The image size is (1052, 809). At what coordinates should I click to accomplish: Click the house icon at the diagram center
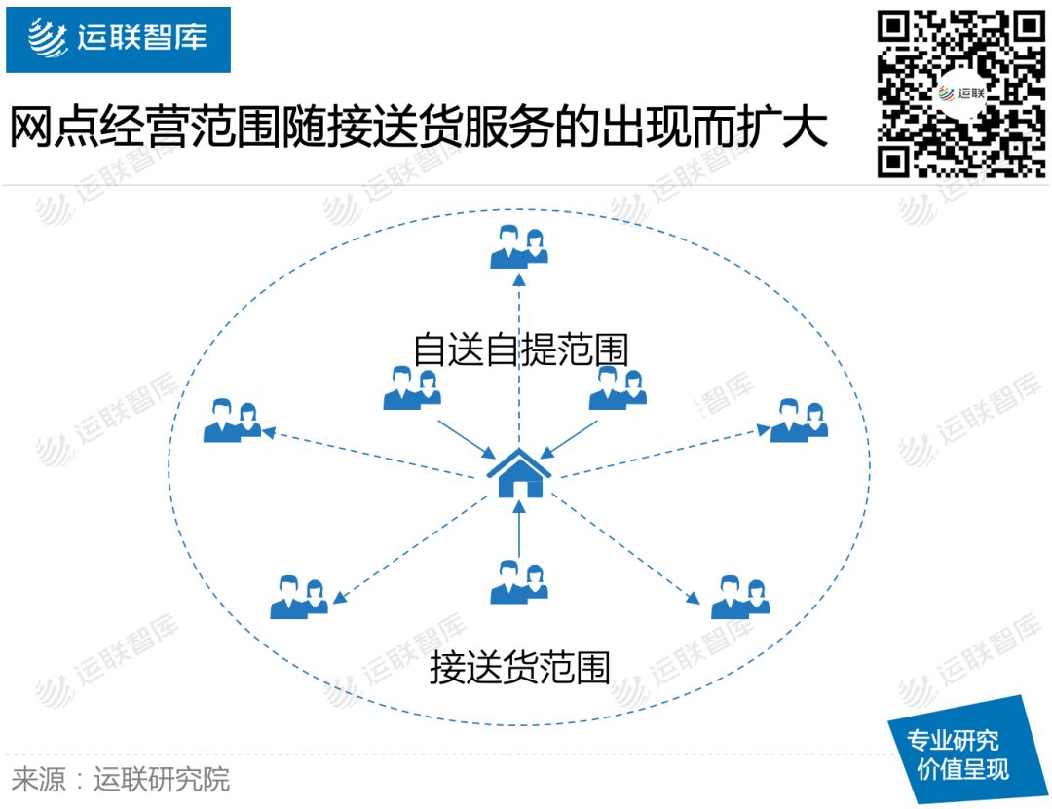click(519, 473)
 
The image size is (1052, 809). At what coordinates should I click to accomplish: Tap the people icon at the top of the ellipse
click(518, 246)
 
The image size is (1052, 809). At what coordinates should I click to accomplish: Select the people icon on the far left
click(232, 422)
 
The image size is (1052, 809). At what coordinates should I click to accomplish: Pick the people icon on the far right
click(799, 421)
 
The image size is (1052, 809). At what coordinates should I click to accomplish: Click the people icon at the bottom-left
click(299, 597)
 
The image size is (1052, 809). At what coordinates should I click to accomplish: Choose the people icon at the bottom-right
click(740, 597)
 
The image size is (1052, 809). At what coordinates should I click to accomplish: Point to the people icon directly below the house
click(518, 581)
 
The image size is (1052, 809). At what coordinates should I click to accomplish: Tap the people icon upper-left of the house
click(412, 386)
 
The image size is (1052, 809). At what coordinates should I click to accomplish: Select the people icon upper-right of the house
click(618, 386)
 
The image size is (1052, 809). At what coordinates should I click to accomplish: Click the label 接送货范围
click(520, 669)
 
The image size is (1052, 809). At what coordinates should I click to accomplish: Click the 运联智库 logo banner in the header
click(118, 39)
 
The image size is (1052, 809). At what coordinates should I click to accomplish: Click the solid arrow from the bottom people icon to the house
click(519, 531)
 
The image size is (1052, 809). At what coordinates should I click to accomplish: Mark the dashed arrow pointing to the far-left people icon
click(370, 454)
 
